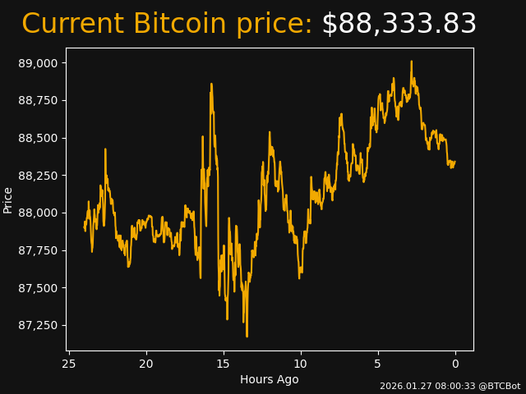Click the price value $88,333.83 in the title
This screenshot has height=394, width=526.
399,25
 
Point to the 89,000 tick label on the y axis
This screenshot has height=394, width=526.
39,63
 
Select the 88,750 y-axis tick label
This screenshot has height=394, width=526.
39,100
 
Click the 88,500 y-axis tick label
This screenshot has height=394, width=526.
39,138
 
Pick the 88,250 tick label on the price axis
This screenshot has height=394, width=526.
39,176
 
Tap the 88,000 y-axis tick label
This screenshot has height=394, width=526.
39,213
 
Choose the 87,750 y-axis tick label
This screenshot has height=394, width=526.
39,250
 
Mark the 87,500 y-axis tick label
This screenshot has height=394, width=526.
39,288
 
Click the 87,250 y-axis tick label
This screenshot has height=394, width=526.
39,325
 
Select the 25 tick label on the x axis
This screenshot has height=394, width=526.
69,364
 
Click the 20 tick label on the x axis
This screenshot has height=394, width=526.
146,364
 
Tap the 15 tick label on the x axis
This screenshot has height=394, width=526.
224,364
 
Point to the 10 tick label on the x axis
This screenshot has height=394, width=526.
301,364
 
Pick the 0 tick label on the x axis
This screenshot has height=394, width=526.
455,364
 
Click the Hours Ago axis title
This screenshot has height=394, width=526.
270,379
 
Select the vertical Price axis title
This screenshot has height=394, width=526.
8,199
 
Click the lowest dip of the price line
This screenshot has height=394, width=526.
247,336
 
